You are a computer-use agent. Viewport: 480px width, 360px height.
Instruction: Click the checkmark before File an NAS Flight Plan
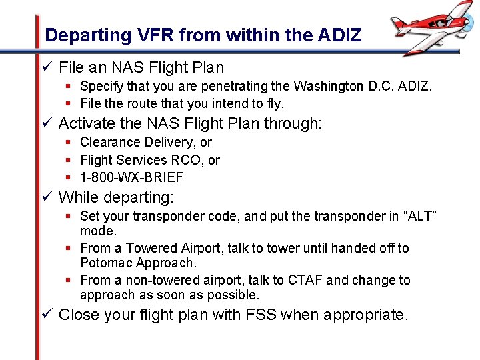pyautogui.click(x=47, y=67)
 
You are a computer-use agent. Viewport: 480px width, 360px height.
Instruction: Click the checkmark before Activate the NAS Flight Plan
pyautogui.click(x=47, y=123)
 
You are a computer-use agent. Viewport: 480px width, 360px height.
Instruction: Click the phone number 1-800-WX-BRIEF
pyautogui.click(x=131, y=177)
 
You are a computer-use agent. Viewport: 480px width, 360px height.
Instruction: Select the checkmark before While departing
pyautogui.click(x=47, y=197)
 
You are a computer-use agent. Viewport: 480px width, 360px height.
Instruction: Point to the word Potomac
pyautogui.click(x=107, y=263)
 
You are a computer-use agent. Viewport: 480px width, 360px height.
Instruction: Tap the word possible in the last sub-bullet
pyautogui.click(x=236, y=295)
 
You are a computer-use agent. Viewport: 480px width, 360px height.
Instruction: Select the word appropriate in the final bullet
pyautogui.click(x=365, y=315)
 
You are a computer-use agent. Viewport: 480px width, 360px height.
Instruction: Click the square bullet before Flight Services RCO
pyautogui.click(x=69, y=160)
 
